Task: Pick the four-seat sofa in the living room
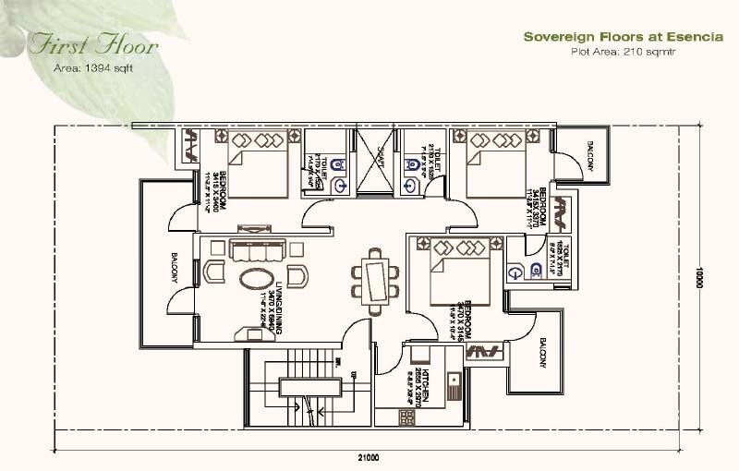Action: (258, 251)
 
